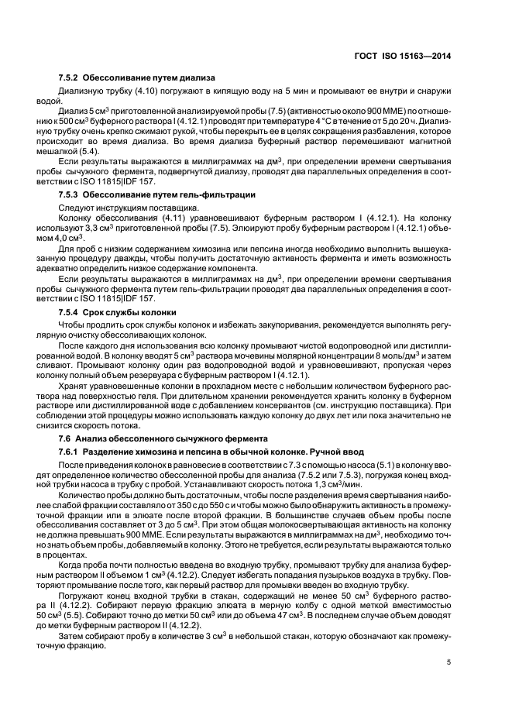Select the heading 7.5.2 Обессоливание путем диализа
pyautogui.click(x=137, y=78)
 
